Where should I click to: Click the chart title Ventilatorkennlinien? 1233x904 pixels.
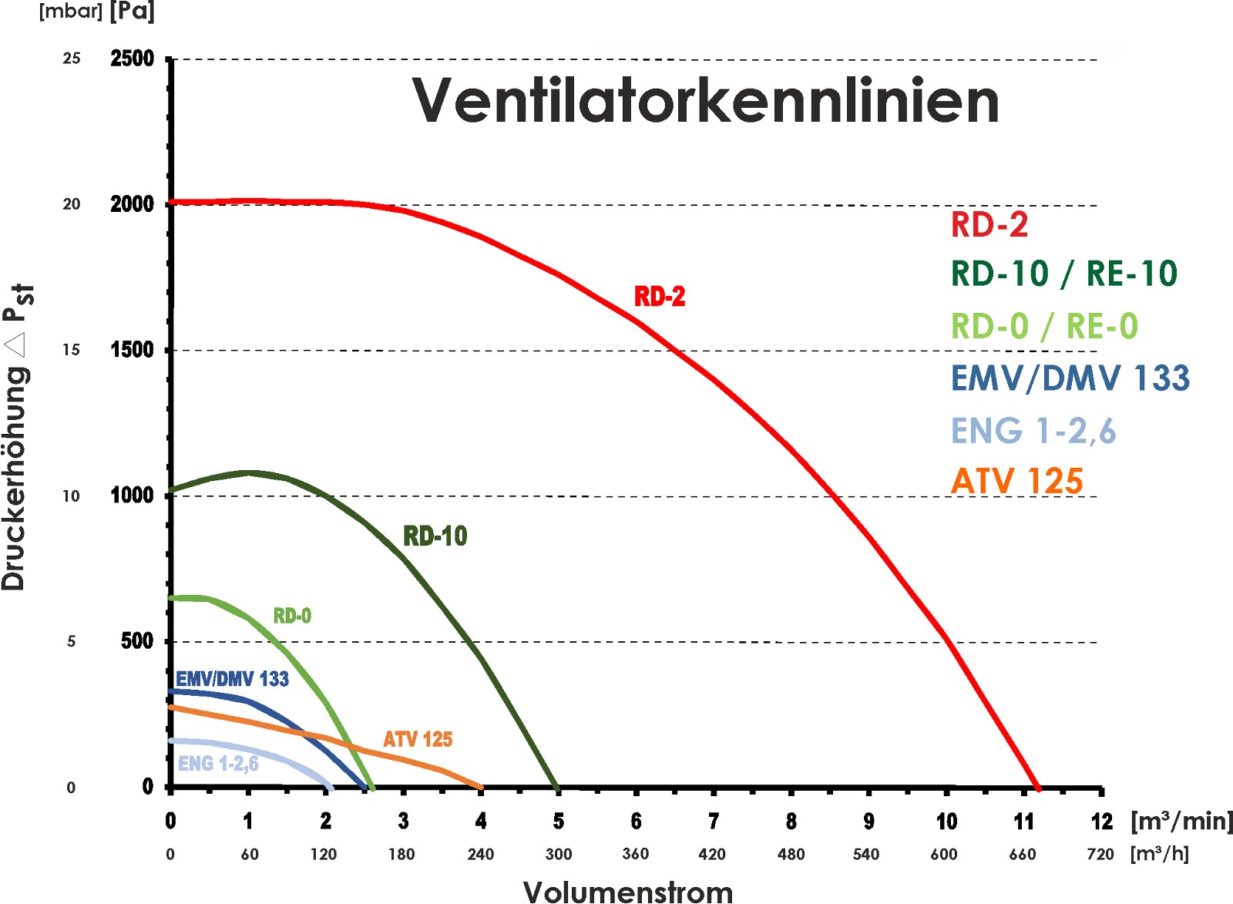pyautogui.click(x=705, y=101)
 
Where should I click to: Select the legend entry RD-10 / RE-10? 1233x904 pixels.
pyautogui.click(x=1063, y=274)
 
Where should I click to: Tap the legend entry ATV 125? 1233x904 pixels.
pyautogui.click(x=1016, y=482)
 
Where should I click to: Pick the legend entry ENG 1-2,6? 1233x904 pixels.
pyautogui.click(x=1033, y=431)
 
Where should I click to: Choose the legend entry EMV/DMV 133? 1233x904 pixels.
pyautogui.click(x=1070, y=378)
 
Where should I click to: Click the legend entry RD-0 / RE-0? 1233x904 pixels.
pyautogui.click(x=1044, y=327)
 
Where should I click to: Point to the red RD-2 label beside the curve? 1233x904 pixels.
pyautogui.click(x=660, y=297)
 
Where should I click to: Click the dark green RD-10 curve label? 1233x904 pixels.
pyautogui.click(x=435, y=536)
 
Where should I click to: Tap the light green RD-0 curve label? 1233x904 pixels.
pyautogui.click(x=292, y=616)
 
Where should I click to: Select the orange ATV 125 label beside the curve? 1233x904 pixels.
pyautogui.click(x=418, y=740)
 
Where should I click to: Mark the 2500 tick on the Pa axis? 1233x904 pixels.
pyautogui.click(x=132, y=59)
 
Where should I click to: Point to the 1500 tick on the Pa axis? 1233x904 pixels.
pyautogui.click(x=132, y=350)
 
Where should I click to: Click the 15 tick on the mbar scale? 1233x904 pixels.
pyautogui.click(x=71, y=350)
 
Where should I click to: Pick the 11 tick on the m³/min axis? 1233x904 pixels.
pyautogui.click(x=1023, y=822)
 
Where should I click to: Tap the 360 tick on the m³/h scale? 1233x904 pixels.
pyautogui.click(x=635, y=854)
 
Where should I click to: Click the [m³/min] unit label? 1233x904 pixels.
pyautogui.click(x=1181, y=822)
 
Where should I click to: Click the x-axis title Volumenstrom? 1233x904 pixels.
pyautogui.click(x=628, y=892)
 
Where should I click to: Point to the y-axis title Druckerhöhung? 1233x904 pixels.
pyautogui.click(x=15, y=478)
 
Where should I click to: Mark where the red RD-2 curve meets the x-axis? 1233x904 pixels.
pyautogui.click(x=1038, y=788)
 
